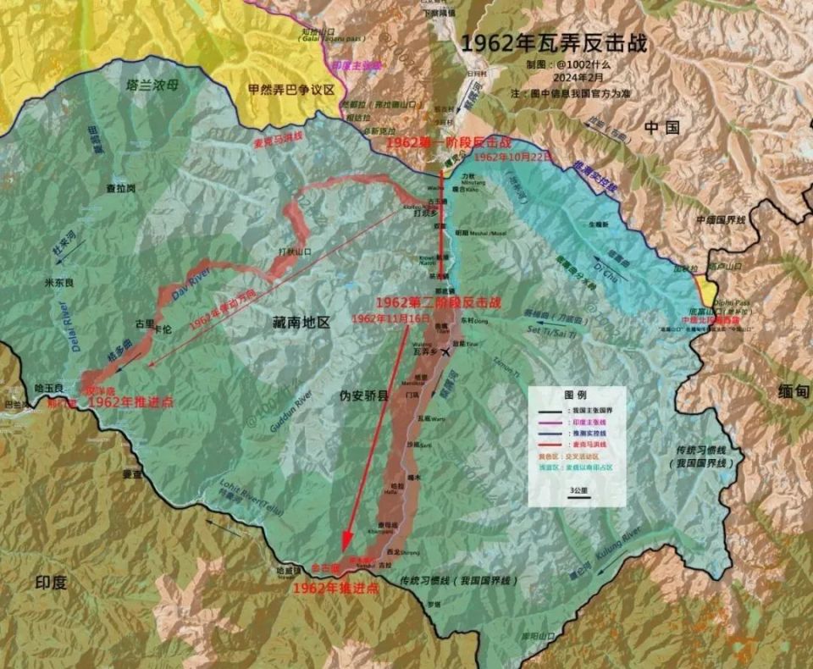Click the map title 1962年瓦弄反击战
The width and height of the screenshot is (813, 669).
(x=554, y=43)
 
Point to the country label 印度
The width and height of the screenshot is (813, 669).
(x=50, y=583)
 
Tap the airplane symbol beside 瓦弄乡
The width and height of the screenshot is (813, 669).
(x=446, y=352)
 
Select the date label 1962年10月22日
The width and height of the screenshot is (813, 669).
(x=513, y=158)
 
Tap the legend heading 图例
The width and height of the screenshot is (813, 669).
(x=576, y=395)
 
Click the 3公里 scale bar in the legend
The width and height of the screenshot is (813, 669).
(x=578, y=495)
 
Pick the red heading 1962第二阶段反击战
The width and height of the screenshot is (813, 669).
(x=437, y=301)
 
